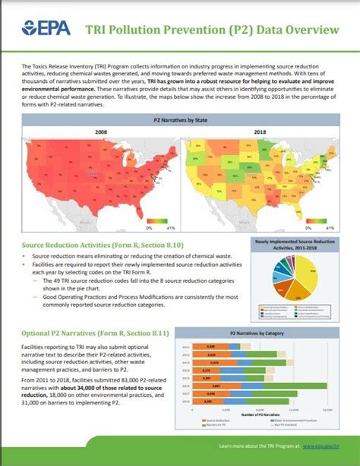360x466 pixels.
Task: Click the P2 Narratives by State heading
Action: (180, 120)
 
